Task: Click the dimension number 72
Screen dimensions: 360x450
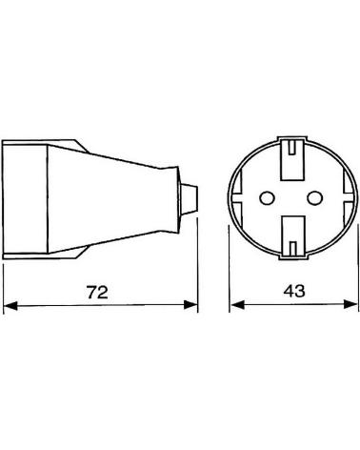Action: (97, 292)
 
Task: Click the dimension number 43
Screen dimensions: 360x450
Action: (294, 291)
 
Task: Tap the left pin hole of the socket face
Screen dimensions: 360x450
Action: (267, 198)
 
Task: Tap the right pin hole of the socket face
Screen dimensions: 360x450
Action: (314, 198)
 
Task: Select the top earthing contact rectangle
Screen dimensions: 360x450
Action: (293, 159)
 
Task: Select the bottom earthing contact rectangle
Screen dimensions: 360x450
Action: (293, 236)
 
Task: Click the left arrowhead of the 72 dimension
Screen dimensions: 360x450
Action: (10, 306)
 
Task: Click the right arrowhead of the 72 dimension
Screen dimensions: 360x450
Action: (190, 304)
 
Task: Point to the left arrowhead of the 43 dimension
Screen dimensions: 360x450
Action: (237, 305)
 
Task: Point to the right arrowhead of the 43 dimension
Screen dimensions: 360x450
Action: (350, 304)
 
